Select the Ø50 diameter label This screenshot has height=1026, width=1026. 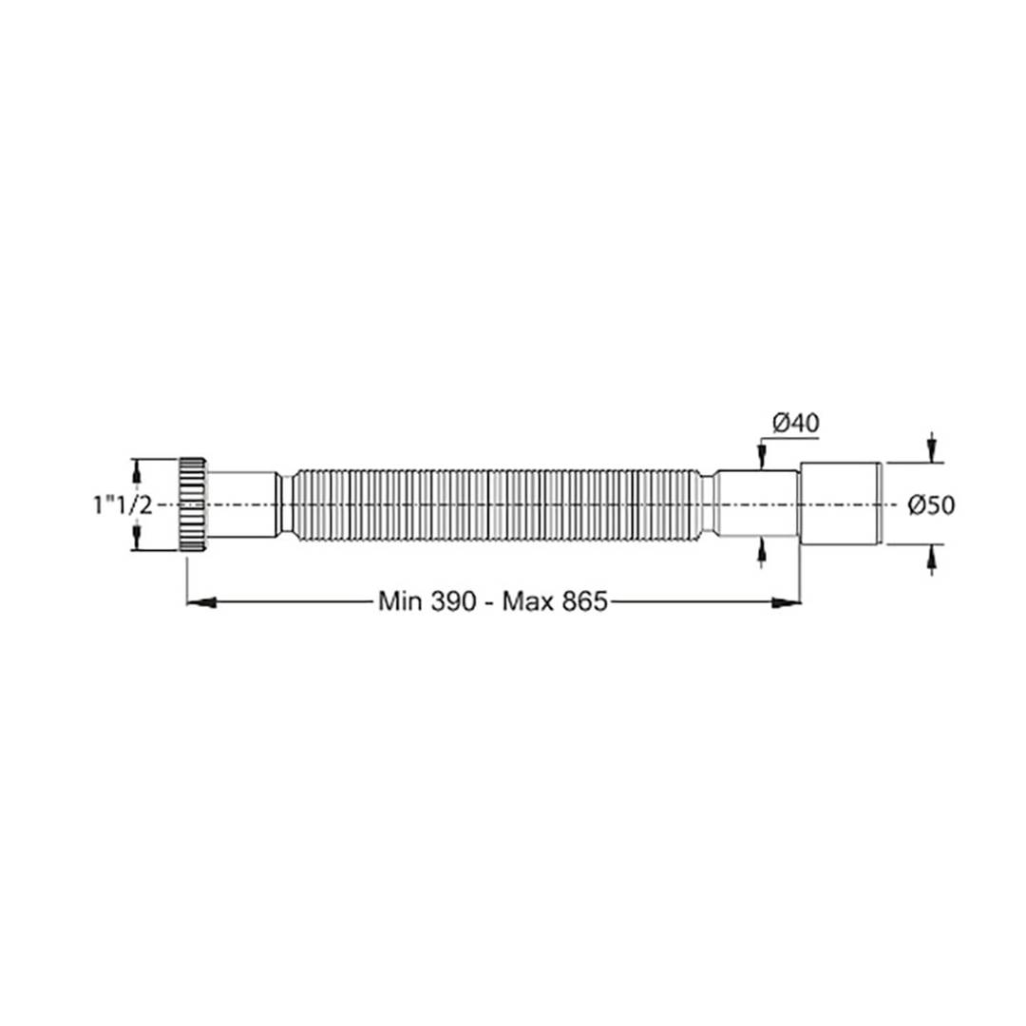tap(930, 505)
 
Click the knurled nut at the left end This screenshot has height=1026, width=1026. tap(193, 503)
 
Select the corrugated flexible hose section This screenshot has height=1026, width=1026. tap(494, 504)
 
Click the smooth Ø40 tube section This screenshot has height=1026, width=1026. tap(757, 504)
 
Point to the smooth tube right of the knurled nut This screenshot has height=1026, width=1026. tap(242, 504)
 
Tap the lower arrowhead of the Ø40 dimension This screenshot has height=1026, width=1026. tap(760, 551)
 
